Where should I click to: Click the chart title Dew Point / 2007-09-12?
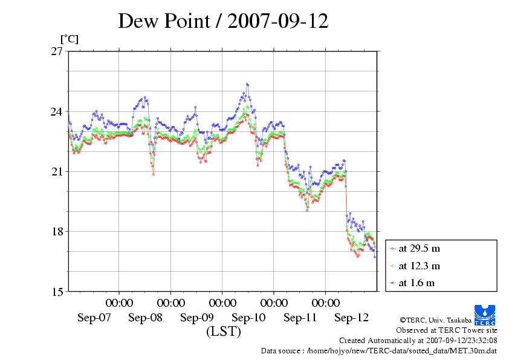[x=223, y=22]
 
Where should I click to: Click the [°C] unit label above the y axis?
[x=69, y=39]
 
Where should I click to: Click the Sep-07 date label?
[x=94, y=317]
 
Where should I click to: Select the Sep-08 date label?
[x=146, y=317]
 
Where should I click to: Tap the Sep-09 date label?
[x=197, y=317]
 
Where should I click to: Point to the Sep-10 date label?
[x=248, y=317]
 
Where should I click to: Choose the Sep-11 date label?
[x=300, y=317]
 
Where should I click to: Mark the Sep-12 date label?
[x=351, y=317]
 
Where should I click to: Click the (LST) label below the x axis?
[x=223, y=331]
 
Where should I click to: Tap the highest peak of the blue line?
[x=247, y=84]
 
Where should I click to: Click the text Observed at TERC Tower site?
[x=446, y=330]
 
